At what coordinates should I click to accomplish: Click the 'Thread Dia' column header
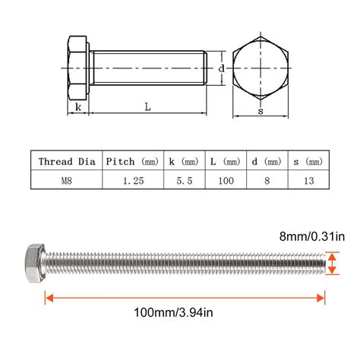[66, 161]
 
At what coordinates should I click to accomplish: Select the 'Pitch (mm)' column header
[131, 161]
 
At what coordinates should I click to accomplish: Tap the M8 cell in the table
[66, 180]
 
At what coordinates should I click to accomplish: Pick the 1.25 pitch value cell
[131, 180]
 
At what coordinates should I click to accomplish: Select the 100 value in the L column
[226, 180]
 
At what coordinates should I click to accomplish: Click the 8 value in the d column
[265, 180]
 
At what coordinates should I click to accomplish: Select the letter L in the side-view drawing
[147, 108]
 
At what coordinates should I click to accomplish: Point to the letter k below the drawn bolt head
[78, 108]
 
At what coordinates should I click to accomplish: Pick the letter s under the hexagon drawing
[261, 112]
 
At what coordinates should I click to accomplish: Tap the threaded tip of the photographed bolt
[323, 264]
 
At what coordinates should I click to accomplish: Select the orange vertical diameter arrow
[333, 265]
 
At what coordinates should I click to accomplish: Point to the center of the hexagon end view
[261, 70]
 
